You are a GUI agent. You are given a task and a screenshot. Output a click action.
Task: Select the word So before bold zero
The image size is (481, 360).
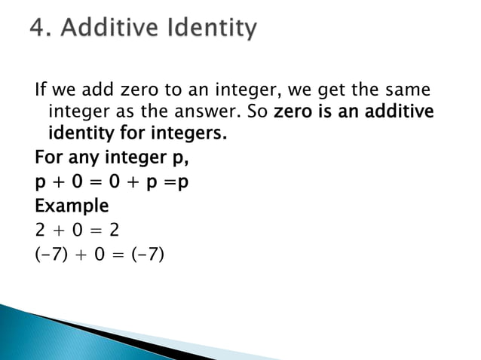click(258, 113)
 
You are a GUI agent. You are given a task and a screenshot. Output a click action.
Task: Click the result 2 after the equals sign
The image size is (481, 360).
click(117, 227)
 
